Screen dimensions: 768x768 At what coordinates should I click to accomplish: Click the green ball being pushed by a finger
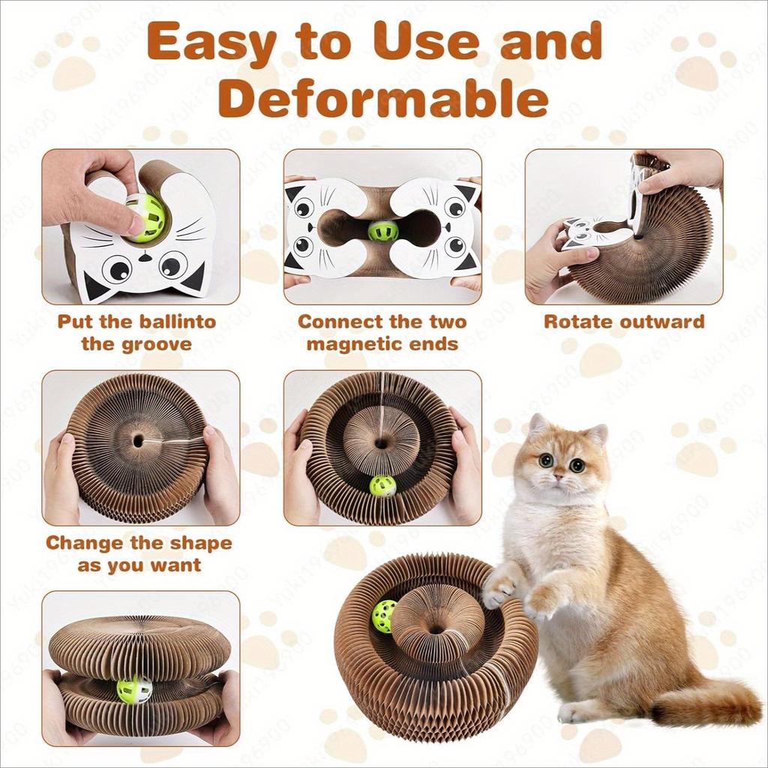pos(145,218)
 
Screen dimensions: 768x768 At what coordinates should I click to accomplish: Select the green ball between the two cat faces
pos(383,231)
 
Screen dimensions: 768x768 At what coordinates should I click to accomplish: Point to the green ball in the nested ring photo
pos(382,485)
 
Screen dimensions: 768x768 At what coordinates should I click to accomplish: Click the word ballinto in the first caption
pos(178,321)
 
